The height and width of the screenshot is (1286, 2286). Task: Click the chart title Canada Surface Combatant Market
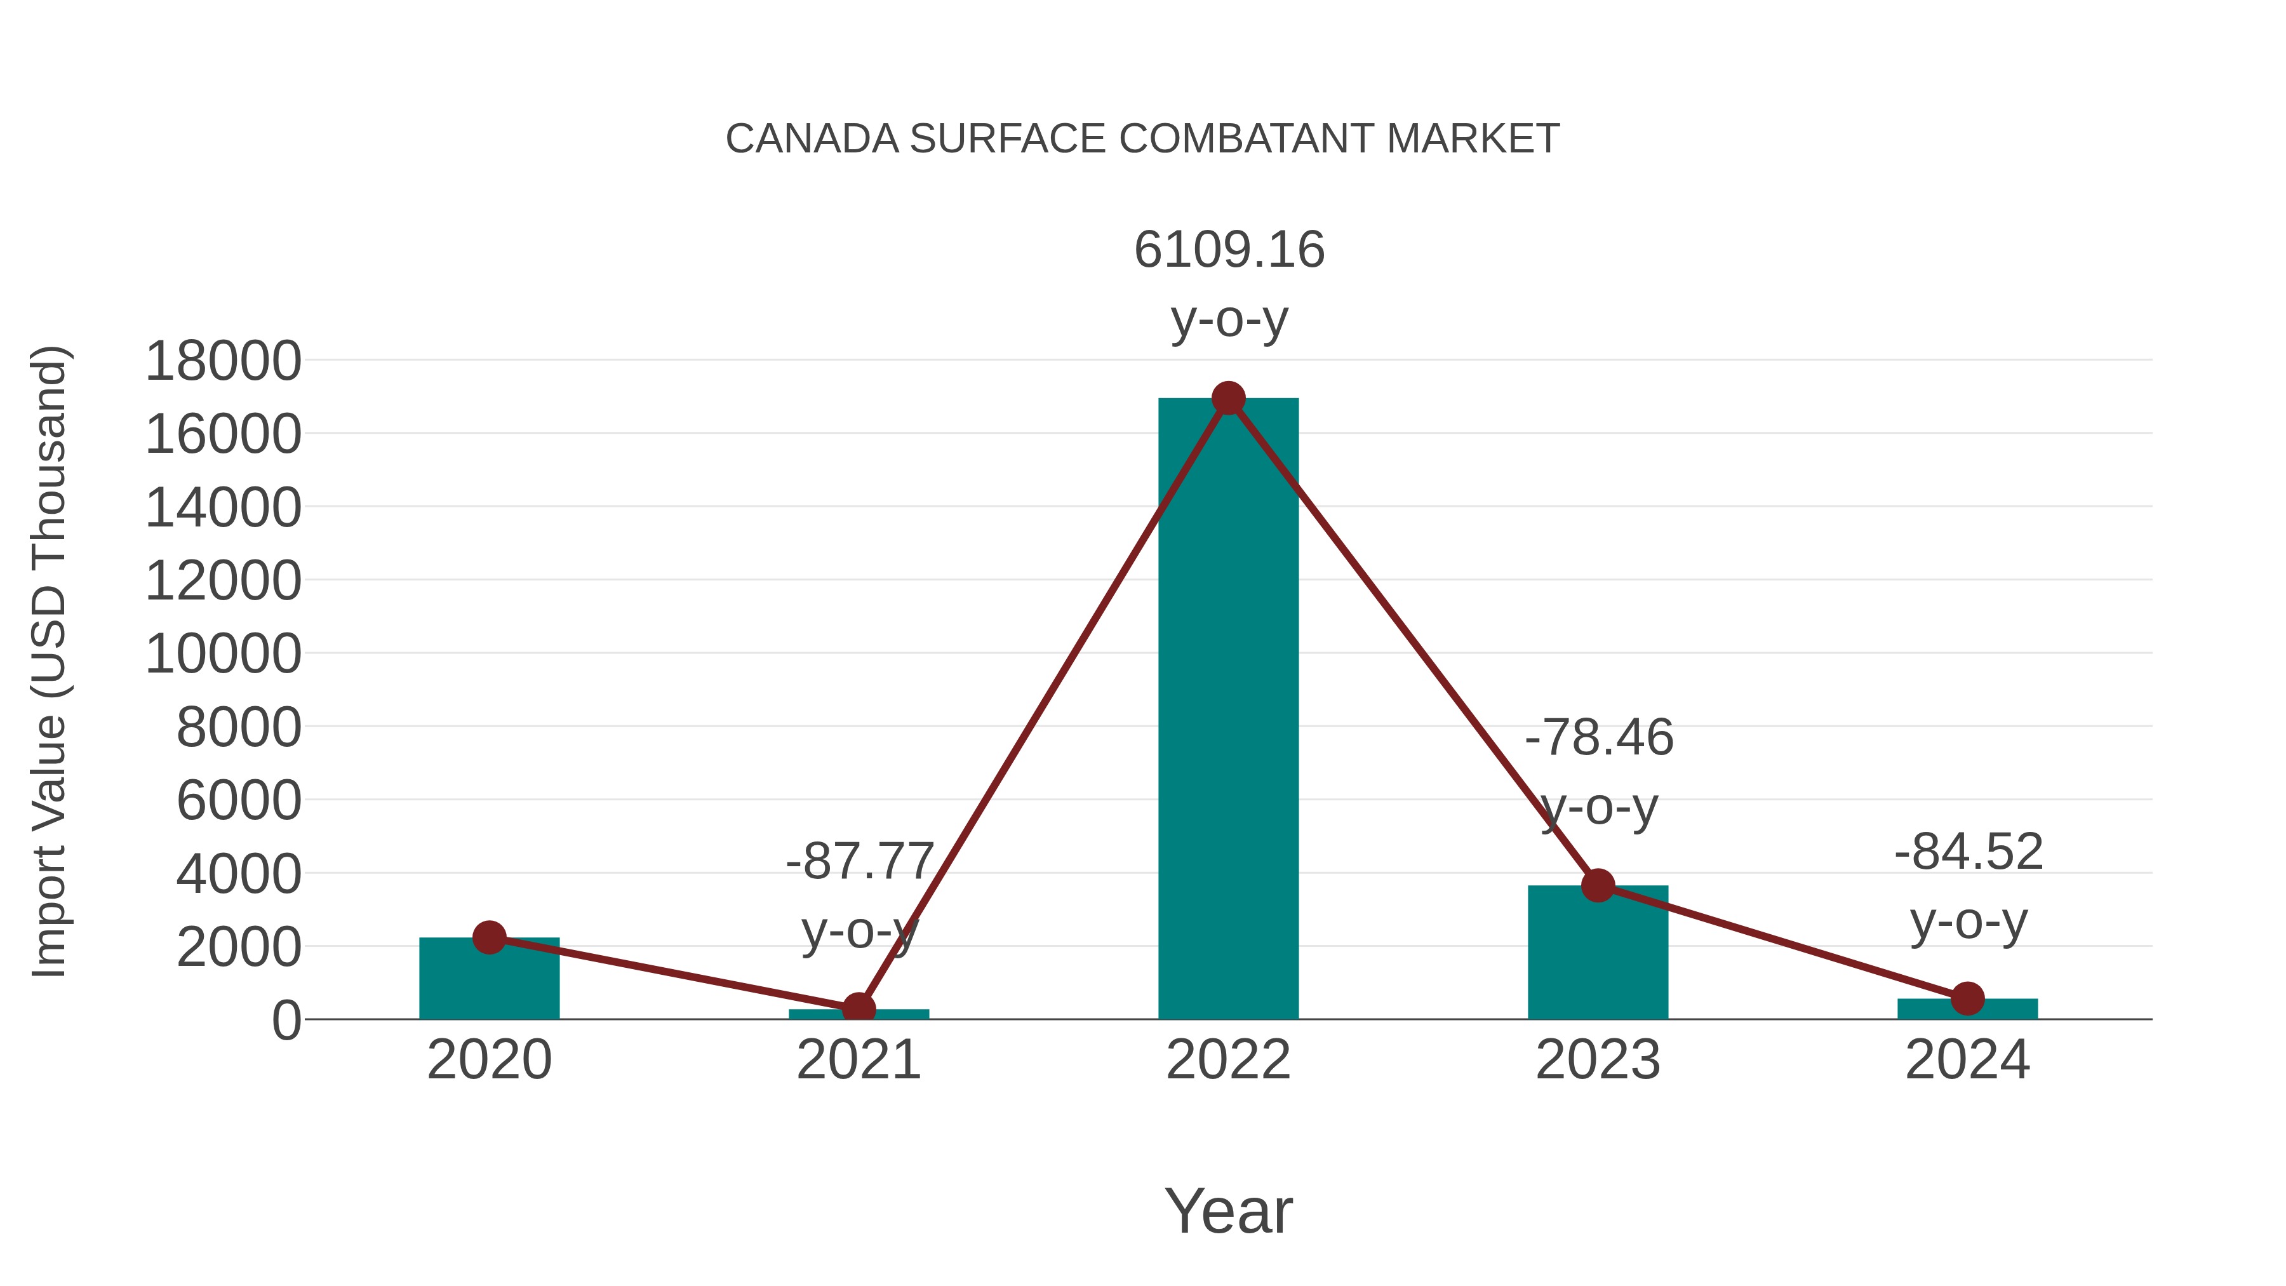point(1142,139)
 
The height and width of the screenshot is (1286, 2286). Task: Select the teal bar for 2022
point(1228,710)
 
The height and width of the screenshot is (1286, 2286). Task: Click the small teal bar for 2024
point(1967,1009)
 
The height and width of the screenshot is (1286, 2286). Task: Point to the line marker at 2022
point(1228,398)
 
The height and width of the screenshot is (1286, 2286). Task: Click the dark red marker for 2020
point(489,937)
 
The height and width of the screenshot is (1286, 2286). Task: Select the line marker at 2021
point(858,1009)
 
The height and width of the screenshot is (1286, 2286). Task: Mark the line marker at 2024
point(1967,998)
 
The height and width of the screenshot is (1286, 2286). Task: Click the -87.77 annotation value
point(859,861)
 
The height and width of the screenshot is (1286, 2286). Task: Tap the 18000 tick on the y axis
point(223,362)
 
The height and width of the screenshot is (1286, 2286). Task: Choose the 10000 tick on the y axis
point(223,655)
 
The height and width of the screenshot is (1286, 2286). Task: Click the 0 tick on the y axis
point(286,1021)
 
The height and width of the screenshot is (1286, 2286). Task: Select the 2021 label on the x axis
point(858,1060)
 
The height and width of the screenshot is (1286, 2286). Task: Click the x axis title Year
point(1228,1212)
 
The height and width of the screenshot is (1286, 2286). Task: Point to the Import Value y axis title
point(49,661)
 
